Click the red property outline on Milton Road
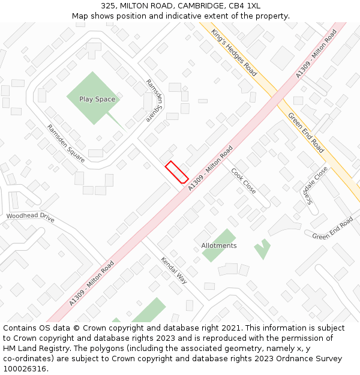[x=177, y=172]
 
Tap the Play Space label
[x=97, y=100]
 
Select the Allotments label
[x=218, y=246]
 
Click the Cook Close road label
[x=244, y=181]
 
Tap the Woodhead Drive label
[x=30, y=217]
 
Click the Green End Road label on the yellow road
[x=307, y=132]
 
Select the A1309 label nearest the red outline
[x=210, y=168]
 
